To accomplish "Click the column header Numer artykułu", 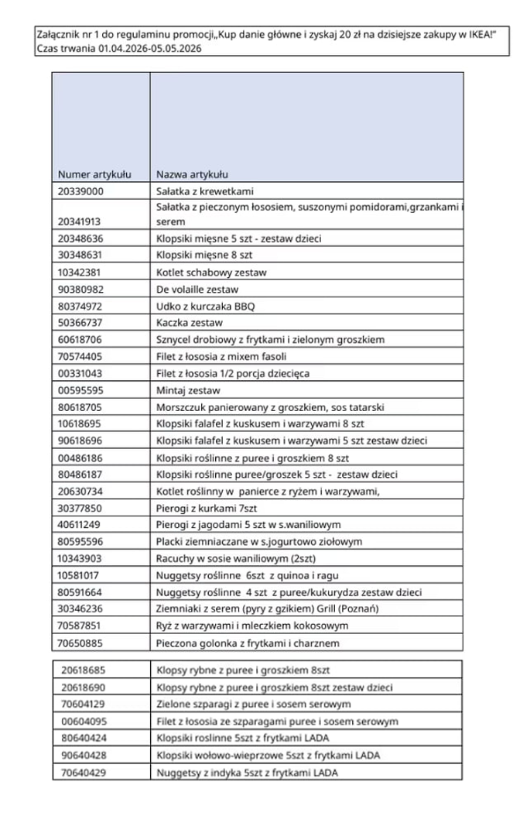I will click(x=94, y=174).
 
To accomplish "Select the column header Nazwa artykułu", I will click(x=192, y=174).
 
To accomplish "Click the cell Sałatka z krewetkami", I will click(x=205, y=191).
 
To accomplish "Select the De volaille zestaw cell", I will click(x=197, y=289).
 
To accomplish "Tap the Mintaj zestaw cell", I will click(x=188, y=390).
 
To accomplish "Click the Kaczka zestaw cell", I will click(x=190, y=322).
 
